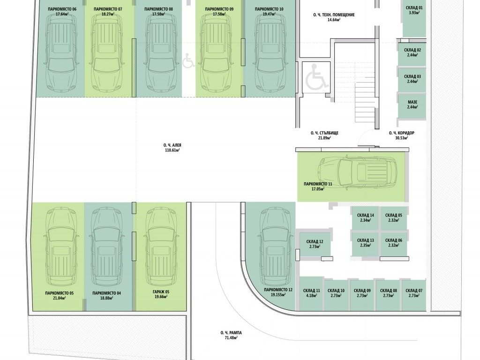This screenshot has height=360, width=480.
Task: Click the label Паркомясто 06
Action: pyautogui.click(x=62, y=9)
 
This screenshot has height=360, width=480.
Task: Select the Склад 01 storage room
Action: pyautogui.click(x=414, y=19)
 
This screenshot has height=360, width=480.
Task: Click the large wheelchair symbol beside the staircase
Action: pyautogui.click(x=316, y=77)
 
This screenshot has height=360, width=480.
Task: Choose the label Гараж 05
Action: pyautogui.click(x=161, y=292)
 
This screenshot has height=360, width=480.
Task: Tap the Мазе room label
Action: pyautogui.click(x=412, y=102)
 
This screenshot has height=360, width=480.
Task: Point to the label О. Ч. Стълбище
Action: pyautogui.click(x=324, y=133)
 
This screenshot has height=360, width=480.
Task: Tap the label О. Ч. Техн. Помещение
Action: pyautogui.click(x=334, y=15)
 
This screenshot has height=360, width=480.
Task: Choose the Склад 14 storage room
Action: pyautogui.click(x=365, y=217)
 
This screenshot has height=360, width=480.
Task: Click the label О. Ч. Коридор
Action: pyautogui.click(x=402, y=133)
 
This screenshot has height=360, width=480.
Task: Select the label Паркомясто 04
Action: pyautogui.click(x=106, y=293)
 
